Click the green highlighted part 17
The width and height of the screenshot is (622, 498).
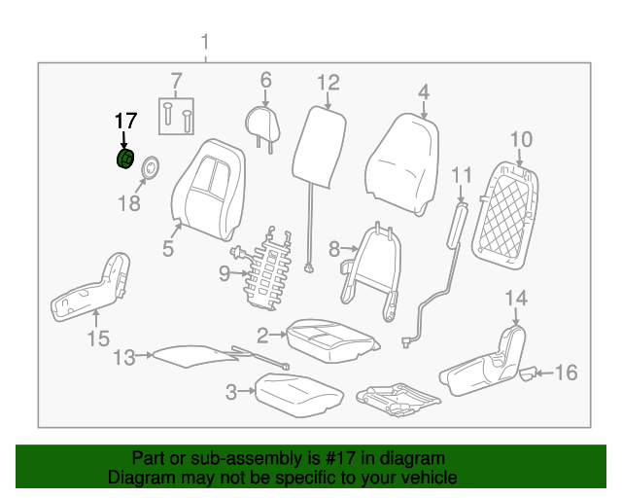pos(125,159)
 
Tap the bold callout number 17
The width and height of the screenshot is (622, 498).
pos(125,121)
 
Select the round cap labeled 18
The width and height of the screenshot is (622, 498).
pos(151,167)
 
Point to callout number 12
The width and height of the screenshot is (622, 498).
pos(328,83)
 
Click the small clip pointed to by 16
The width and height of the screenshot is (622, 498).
pos(528,373)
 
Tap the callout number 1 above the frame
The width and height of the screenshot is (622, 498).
pos(205,42)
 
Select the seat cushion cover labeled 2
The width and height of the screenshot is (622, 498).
pos(331,340)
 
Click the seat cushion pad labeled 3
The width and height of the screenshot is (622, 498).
pos(298,394)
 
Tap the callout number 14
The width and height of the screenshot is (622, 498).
pos(516,299)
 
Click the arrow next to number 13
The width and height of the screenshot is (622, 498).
pos(145,355)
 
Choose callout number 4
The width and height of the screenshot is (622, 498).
pos(424,92)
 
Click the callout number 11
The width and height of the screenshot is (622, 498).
pos(463,175)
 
